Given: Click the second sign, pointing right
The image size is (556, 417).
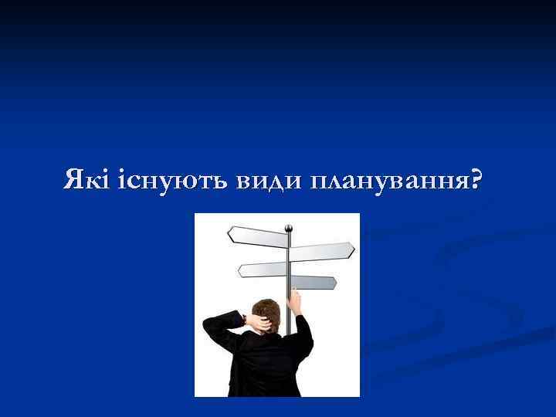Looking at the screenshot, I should click(322, 251).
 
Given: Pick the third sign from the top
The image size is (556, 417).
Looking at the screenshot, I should click(263, 269).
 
